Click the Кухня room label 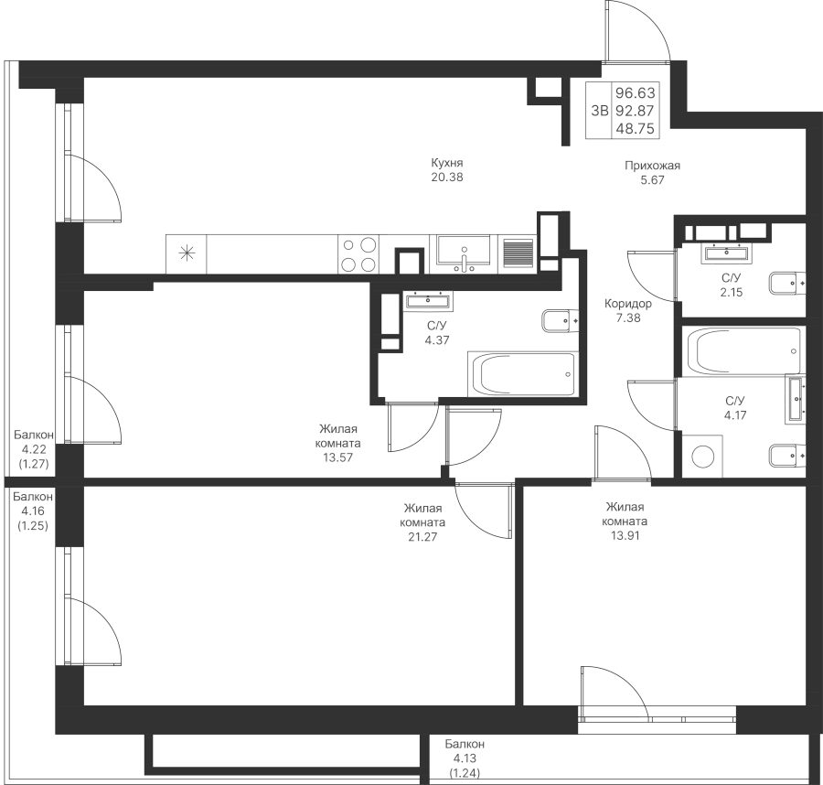coord(448,164)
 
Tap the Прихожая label coord(652,167)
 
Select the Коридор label coord(627,305)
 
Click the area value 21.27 coord(423,537)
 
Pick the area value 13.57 coord(339,457)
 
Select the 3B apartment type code coord(599,111)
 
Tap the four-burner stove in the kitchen coord(358,254)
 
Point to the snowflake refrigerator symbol coord(187,253)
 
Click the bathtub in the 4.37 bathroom coord(522,374)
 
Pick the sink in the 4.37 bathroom coord(426,299)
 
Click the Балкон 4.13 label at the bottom coord(466,757)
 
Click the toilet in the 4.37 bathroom coord(558,320)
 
